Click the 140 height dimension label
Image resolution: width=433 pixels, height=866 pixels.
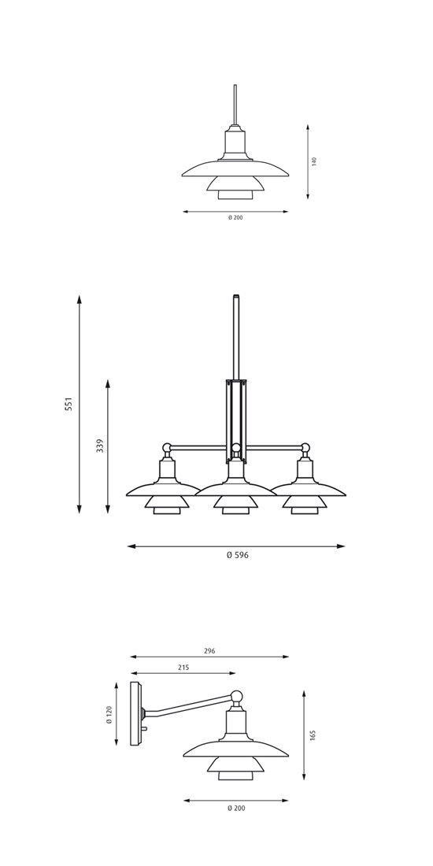click(x=314, y=161)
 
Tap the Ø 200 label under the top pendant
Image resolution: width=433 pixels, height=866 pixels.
click(x=235, y=217)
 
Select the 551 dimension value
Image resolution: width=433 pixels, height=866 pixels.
click(x=68, y=405)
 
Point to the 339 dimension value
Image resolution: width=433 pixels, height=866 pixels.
click(x=100, y=446)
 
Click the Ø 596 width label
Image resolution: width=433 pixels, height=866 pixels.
click(x=238, y=555)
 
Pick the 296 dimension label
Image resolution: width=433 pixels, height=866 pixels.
click(x=209, y=651)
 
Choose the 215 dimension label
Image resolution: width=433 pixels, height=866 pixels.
click(x=183, y=667)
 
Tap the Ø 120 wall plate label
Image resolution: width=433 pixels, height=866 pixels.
click(x=109, y=713)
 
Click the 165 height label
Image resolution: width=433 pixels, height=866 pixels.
click(x=313, y=735)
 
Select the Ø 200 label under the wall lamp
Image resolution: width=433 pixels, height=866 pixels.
click(x=236, y=808)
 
